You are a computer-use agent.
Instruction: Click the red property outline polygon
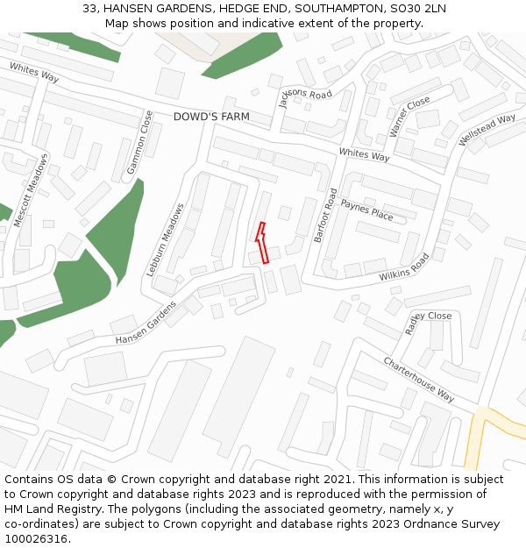261,244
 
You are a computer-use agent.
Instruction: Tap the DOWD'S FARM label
211,117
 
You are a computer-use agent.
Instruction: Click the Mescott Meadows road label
32,190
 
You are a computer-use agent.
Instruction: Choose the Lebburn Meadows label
167,240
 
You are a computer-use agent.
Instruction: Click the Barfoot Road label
325,215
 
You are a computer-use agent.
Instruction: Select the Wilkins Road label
404,267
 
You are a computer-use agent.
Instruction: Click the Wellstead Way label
487,130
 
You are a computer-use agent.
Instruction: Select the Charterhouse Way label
419,379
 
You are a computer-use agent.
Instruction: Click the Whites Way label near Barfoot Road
364,155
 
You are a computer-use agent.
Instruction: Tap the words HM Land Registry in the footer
46,509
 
